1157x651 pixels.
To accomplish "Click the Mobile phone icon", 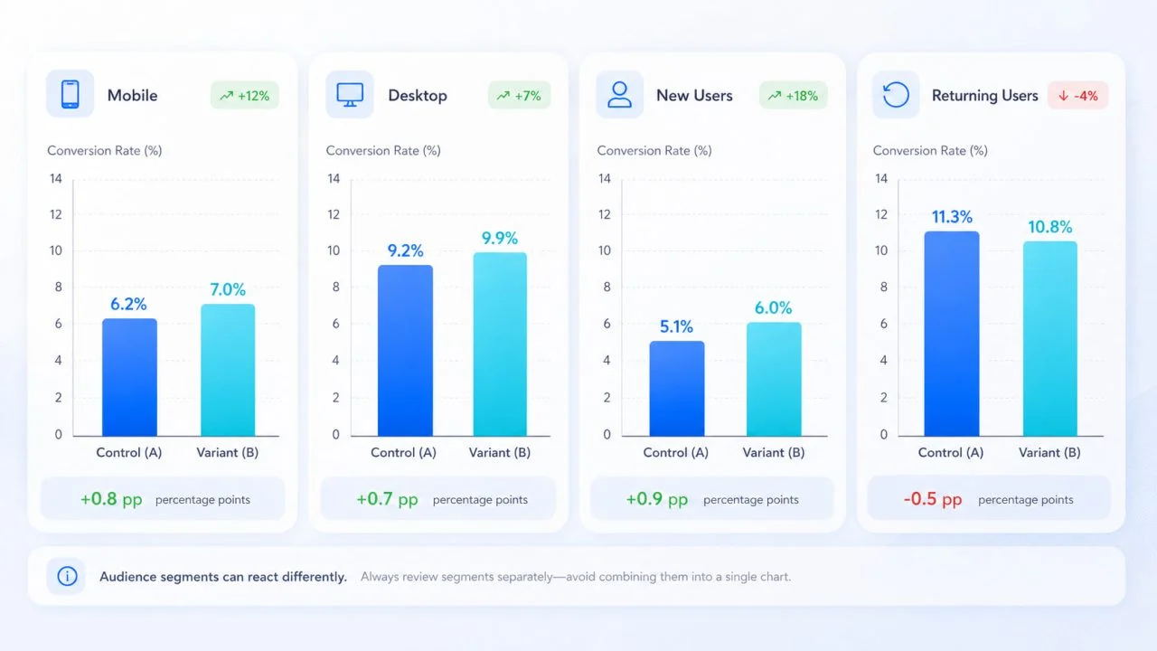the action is (71, 94).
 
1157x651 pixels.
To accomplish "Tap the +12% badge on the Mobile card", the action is (245, 96).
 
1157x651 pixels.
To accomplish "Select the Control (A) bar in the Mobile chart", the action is (129, 377).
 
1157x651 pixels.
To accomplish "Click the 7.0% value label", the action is (228, 289).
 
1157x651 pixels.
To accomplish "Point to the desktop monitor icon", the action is (350, 95).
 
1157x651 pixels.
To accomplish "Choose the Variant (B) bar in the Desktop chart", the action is (500, 344).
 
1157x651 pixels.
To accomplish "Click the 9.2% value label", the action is (406, 250).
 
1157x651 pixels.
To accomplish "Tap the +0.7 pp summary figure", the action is (387, 499).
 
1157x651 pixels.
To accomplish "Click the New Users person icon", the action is (619, 95).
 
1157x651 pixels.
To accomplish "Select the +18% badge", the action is (794, 96).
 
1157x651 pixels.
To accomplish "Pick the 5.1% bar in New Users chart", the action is (677, 389).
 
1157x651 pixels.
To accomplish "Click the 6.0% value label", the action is (773, 308).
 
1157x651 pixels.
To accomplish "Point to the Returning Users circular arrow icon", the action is (896, 95).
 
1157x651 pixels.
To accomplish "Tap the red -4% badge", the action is (1078, 96).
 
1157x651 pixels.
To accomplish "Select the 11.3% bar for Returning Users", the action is (952, 334).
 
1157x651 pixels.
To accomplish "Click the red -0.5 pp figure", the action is (933, 499).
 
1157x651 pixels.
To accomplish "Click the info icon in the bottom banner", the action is (67, 576).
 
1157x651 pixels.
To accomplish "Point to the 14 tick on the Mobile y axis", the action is (56, 179).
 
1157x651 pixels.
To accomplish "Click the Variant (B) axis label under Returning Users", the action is (1049, 453).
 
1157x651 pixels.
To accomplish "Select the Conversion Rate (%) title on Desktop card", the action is (383, 150).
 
